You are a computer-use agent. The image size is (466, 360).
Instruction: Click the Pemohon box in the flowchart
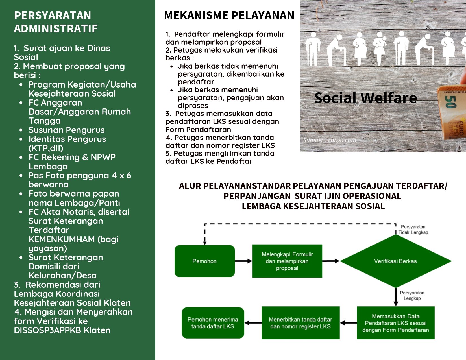pos(204,261)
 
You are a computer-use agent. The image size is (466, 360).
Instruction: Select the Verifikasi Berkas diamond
pos(396,261)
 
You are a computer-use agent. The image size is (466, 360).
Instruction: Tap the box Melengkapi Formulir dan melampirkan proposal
pos(287,261)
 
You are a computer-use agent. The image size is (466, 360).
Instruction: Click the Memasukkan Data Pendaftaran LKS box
pos(396,323)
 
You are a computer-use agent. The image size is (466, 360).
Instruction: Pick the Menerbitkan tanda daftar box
pos(300,323)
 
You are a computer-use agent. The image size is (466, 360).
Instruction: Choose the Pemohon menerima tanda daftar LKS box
pos(213,323)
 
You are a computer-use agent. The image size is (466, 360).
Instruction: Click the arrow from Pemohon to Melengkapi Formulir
pos(244,261)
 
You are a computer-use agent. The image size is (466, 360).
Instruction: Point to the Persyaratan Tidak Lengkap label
pos(413,230)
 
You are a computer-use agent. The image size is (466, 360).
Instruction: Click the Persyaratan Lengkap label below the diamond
pos(412,295)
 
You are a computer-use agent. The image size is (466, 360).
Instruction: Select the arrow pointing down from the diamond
pos(396,297)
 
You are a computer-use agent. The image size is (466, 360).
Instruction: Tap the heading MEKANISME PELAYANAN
pos(229,16)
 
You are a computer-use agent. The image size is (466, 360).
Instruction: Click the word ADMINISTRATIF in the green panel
pos(56,29)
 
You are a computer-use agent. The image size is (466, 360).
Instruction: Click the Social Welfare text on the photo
pos(366,98)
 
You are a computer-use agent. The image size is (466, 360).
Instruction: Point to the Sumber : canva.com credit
pos(330,140)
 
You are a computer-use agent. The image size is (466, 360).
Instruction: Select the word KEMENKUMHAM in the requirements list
pos(62,239)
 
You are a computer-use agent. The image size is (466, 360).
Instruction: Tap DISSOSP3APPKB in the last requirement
pos(47,330)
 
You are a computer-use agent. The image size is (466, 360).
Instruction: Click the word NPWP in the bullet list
pos(103,157)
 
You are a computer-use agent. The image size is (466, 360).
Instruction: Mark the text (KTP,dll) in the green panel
pos(46,148)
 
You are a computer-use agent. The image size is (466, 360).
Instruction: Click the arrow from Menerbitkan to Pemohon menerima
pos(253,323)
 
